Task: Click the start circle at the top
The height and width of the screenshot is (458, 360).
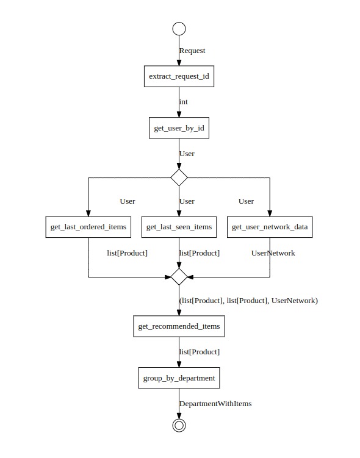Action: coord(179,29)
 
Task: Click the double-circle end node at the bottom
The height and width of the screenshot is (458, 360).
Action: coord(179,425)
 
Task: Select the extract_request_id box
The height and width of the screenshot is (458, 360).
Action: coord(179,77)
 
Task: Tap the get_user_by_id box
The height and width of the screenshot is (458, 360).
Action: coord(179,128)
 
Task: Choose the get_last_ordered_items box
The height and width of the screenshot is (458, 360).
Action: coord(88,227)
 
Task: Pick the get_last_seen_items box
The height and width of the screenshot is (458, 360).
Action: coord(179,227)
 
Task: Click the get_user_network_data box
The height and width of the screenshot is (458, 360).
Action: coord(270,227)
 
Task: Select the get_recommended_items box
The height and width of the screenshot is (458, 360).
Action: coord(179,326)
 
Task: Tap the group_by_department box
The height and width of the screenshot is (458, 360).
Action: coord(179,378)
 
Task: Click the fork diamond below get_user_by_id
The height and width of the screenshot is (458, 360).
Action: coord(179,177)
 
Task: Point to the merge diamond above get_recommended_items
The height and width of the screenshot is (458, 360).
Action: coord(179,276)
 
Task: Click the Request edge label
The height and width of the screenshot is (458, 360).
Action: coord(192,51)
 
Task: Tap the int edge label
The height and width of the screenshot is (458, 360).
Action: coord(184,102)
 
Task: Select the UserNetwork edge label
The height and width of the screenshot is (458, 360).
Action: coord(273,252)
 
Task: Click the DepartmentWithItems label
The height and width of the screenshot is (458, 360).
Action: coord(215,403)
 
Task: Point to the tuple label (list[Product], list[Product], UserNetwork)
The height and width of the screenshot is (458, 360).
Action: coord(248,301)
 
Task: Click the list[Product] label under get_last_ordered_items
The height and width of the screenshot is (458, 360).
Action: coord(128,252)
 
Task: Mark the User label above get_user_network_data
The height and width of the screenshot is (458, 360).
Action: coord(246,201)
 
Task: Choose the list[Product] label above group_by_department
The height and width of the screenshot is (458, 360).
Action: coord(200,352)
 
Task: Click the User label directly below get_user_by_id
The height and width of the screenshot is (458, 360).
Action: coord(187,154)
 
